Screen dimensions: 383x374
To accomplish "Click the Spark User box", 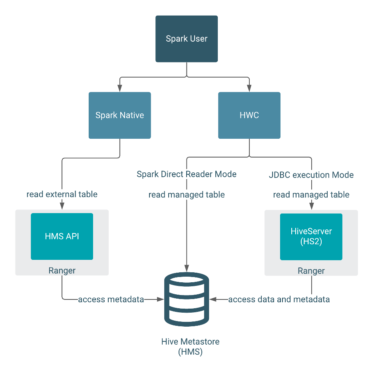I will (187, 39).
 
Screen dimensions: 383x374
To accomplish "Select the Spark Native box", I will (119, 116).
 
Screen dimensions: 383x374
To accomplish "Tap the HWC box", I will (249, 116).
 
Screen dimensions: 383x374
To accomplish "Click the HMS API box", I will (62, 236).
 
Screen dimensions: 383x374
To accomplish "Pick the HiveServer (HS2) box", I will (311, 236).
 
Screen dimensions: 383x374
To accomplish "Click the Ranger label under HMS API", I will (62, 271).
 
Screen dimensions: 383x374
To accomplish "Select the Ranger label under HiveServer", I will (311, 271).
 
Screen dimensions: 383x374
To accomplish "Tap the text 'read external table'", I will (62, 194).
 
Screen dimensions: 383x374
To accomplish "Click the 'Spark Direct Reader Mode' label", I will (187, 174).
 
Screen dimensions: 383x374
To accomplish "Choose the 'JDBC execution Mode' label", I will (311, 175).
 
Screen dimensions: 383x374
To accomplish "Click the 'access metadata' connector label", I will (111, 299).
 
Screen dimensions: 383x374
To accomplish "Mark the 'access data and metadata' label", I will (279, 299).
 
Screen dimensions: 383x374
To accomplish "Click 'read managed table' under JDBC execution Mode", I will (311, 195).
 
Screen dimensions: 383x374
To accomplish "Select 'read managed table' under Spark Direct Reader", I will (187, 195).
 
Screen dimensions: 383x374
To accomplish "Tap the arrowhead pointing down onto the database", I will (187, 267).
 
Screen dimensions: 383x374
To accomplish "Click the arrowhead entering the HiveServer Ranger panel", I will (311, 207).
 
